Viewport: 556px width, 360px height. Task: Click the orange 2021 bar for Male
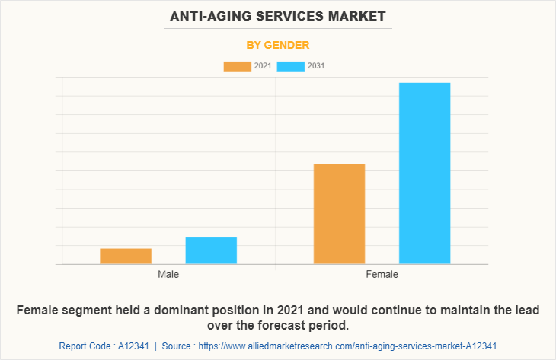pyautogui.click(x=126, y=256)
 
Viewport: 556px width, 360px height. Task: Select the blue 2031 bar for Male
pyautogui.click(x=211, y=251)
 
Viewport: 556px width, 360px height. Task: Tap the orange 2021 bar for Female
pyautogui.click(x=339, y=214)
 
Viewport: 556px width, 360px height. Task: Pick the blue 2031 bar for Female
pyautogui.click(x=424, y=174)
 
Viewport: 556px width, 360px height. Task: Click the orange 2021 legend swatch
pyautogui.click(x=237, y=66)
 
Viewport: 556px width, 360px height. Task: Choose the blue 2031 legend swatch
pyautogui.click(x=291, y=66)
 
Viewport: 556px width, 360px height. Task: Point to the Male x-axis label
pyautogui.click(x=168, y=274)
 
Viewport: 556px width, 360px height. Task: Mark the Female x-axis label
pyautogui.click(x=382, y=274)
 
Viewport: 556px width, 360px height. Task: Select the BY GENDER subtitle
pyautogui.click(x=277, y=45)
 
